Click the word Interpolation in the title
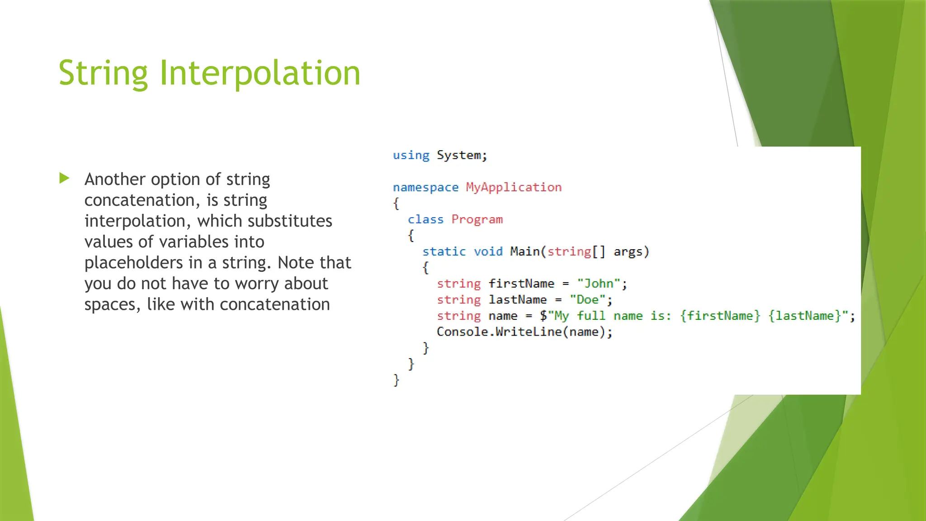[x=260, y=73]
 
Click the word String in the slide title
[x=103, y=73]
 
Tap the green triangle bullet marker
[x=65, y=178]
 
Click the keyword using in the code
[x=411, y=155]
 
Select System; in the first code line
[x=462, y=155]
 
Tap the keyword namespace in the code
[x=425, y=187]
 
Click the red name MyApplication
[x=514, y=187]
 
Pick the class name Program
[x=477, y=219]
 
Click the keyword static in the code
[x=444, y=251]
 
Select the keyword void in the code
[x=488, y=251]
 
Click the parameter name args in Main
[x=628, y=251]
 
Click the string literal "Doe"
[x=587, y=300]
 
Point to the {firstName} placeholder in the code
[x=720, y=316]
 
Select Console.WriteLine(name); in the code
[x=524, y=332]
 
